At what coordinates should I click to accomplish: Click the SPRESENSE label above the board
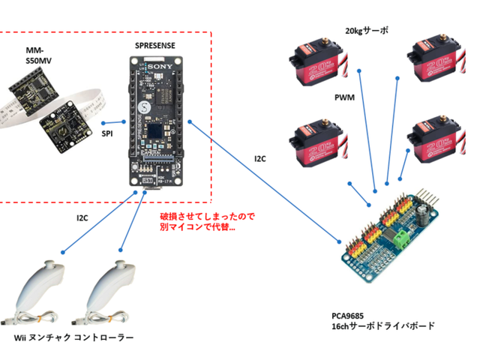(x=157, y=45)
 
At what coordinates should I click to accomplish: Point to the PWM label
(x=344, y=97)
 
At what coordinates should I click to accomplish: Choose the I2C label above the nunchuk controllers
(x=84, y=218)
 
